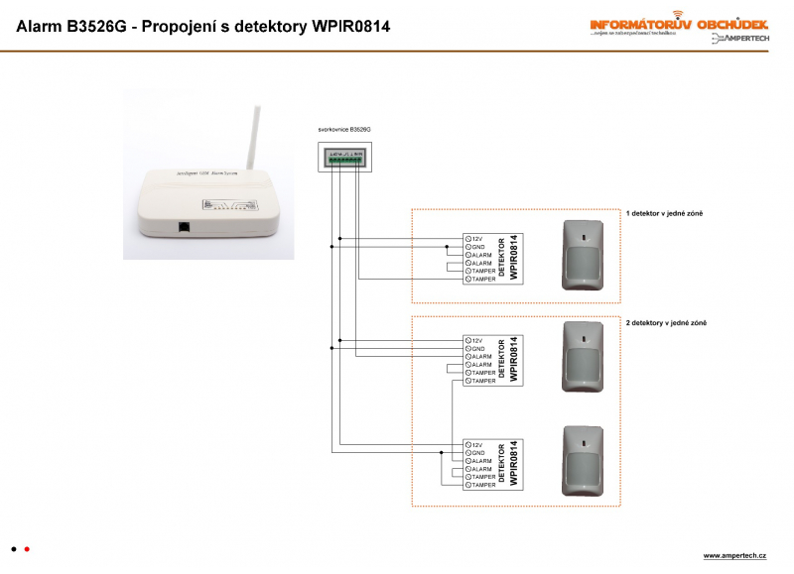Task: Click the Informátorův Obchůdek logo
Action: coord(678,24)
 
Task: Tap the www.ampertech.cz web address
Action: coord(735,555)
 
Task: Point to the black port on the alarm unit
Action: coord(184,226)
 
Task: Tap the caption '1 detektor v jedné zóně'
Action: coord(664,214)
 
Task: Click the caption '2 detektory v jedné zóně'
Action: coord(666,323)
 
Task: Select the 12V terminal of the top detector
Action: coord(468,239)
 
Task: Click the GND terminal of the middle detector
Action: coord(468,349)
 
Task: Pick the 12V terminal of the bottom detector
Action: coord(468,445)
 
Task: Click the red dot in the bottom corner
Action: coord(27,548)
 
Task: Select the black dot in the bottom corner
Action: coord(13,548)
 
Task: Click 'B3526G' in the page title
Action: coord(100,27)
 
